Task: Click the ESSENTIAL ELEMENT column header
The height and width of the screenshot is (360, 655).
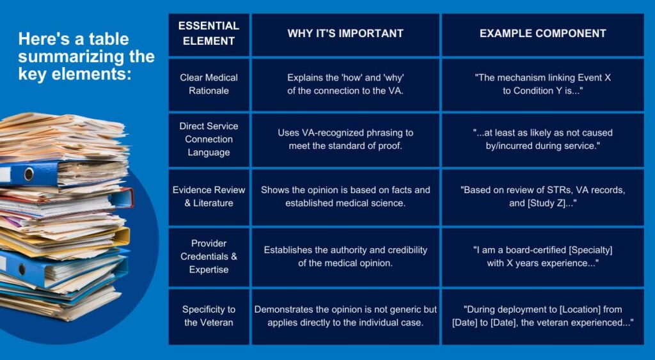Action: (209, 34)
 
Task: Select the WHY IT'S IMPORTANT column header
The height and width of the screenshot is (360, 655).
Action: (345, 34)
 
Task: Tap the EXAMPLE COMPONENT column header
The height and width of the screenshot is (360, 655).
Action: (542, 34)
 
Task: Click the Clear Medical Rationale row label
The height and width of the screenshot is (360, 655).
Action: (209, 84)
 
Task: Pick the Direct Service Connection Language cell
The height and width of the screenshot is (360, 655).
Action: (209, 139)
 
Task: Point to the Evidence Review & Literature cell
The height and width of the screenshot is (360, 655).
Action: (209, 197)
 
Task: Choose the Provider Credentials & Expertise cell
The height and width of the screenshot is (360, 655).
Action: (209, 256)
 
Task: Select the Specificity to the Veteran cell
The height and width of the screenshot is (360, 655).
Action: (209, 316)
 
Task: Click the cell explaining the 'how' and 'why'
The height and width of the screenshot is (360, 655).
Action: (345, 84)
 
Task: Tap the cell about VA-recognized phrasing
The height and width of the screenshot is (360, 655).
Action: (345, 139)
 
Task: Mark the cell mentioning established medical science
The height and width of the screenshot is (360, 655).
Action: (345, 197)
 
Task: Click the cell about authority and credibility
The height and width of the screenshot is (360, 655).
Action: (345, 256)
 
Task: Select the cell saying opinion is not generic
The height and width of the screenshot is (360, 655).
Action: (345, 316)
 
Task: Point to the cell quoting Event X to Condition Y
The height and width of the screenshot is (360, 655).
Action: (542, 84)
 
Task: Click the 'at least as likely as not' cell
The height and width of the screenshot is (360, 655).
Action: (542, 139)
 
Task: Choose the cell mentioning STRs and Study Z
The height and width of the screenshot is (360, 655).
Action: (542, 197)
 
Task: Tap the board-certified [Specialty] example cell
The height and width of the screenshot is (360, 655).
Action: (542, 256)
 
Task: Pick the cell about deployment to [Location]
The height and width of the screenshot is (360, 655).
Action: (542, 316)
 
